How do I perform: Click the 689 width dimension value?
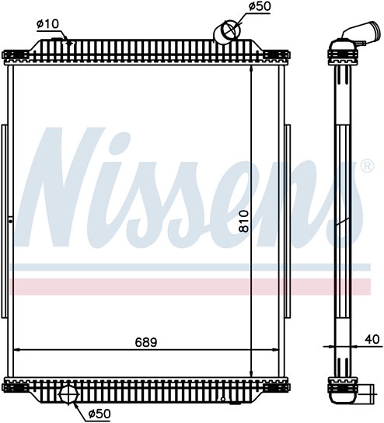pos(146,342)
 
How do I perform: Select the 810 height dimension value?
pos(244,221)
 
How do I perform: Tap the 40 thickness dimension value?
pos(372,339)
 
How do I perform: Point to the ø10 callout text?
pos(47,24)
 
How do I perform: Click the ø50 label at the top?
pos(260,6)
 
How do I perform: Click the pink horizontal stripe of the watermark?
pos(190,287)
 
